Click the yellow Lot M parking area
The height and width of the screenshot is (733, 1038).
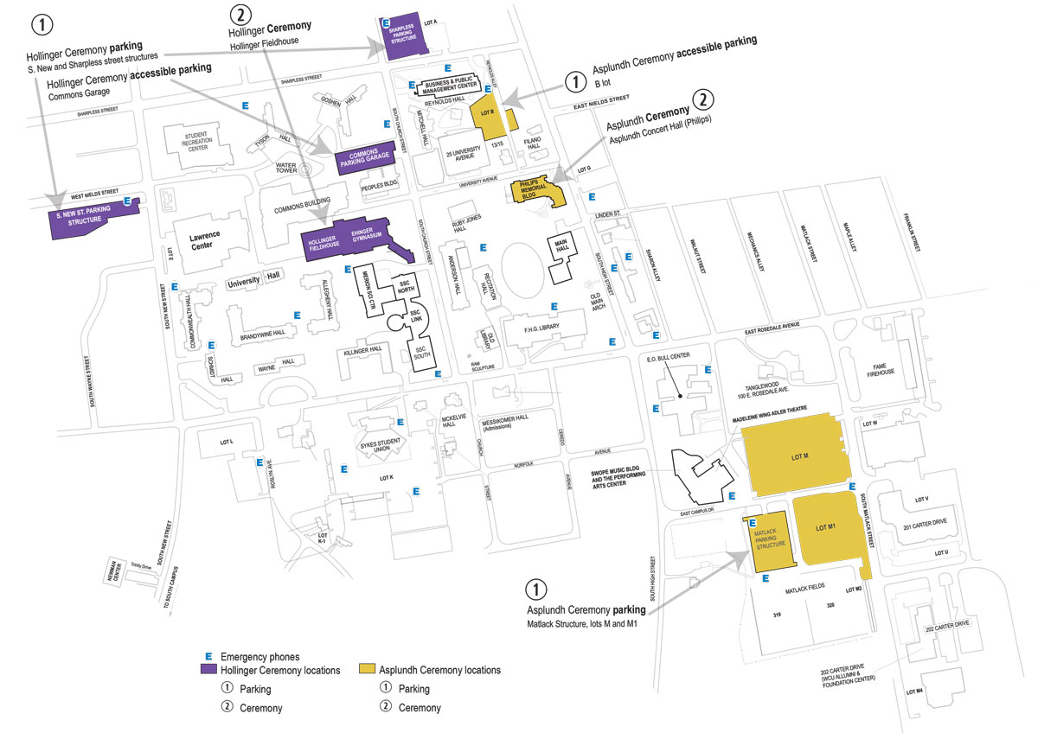pyautogui.click(x=798, y=456)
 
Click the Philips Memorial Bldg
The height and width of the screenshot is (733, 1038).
pyautogui.click(x=536, y=191)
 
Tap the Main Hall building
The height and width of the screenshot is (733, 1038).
pyautogui.click(x=560, y=251)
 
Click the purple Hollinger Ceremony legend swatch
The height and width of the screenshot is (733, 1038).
pyautogui.click(x=209, y=670)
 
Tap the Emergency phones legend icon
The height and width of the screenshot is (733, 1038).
pyautogui.click(x=208, y=656)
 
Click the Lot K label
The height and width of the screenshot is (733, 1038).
pyautogui.click(x=387, y=477)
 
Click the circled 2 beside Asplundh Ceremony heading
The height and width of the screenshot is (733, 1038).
pyautogui.click(x=705, y=99)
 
